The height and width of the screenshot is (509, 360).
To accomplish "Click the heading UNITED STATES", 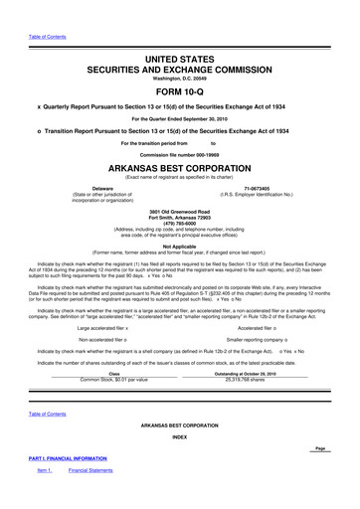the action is pyautogui.click(x=179, y=33).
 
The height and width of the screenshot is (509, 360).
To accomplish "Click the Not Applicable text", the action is pyautogui.click(x=179, y=245).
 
